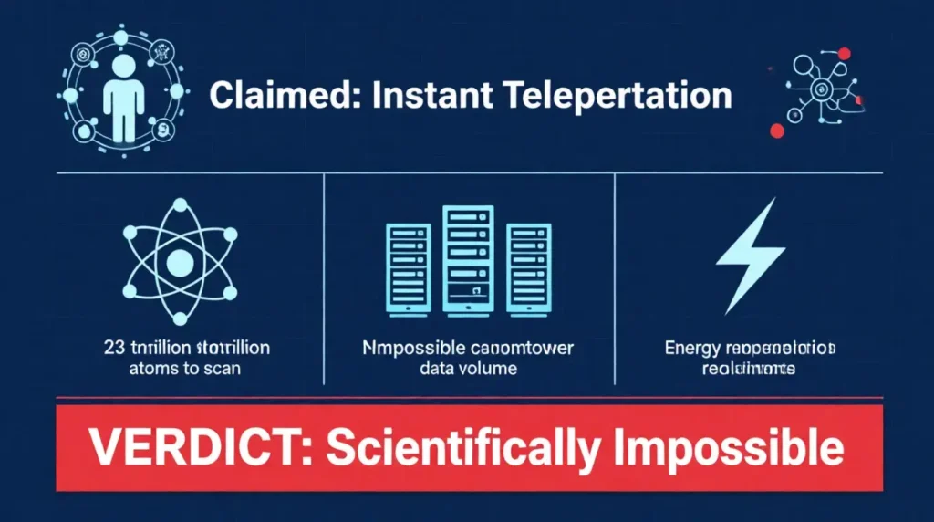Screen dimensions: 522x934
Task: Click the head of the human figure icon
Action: click(119, 65)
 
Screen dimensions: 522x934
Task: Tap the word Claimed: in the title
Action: click(265, 96)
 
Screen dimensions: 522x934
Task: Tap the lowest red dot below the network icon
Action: click(777, 130)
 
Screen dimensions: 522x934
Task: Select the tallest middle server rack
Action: click(467, 259)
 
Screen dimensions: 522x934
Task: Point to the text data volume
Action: click(468, 370)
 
